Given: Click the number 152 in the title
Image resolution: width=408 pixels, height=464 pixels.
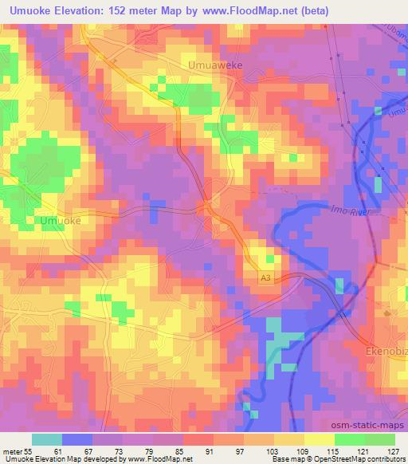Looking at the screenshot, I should click(116, 11).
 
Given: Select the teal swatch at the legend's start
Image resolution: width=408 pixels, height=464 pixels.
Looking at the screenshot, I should click(46, 440).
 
